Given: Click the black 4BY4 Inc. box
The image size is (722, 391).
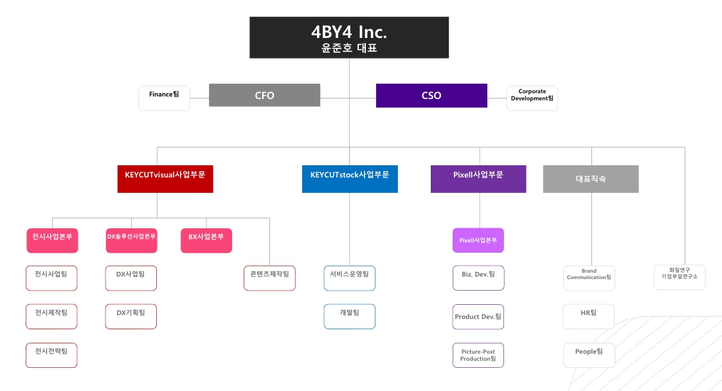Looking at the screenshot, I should click(x=349, y=37).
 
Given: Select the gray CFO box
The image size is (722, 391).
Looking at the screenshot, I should click(x=264, y=95).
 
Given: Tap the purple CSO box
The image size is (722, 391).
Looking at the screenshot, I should click(x=431, y=95).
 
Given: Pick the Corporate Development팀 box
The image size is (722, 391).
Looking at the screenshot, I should click(x=532, y=98).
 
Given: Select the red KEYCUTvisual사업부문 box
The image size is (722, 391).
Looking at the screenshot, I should click(x=165, y=179).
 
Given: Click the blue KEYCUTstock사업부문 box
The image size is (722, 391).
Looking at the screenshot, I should click(x=350, y=179).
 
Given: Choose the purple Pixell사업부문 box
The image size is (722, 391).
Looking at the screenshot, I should click(x=478, y=179).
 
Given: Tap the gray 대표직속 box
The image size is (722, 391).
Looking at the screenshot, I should click(x=591, y=179).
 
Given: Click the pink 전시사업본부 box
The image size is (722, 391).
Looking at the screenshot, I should click(x=52, y=240).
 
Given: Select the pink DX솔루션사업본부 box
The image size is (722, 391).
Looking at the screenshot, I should click(x=131, y=240).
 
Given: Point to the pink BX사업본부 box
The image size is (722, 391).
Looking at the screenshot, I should click(x=206, y=240).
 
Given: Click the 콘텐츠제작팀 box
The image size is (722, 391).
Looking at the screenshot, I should click(x=269, y=278).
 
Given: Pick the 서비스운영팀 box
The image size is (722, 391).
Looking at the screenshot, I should click(x=349, y=278).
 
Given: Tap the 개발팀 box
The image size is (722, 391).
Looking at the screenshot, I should click(x=349, y=316).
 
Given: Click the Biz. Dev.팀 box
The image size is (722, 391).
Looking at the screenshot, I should click(x=478, y=278).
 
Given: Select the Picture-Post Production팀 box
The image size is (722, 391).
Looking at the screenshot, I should click(x=478, y=355).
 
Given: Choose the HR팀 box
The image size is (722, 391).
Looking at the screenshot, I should click(x=589, y=316).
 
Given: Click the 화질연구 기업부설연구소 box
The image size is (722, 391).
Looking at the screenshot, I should click(x=680, y=277).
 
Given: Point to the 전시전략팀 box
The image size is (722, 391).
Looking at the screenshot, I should click(x=51, y=355).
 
